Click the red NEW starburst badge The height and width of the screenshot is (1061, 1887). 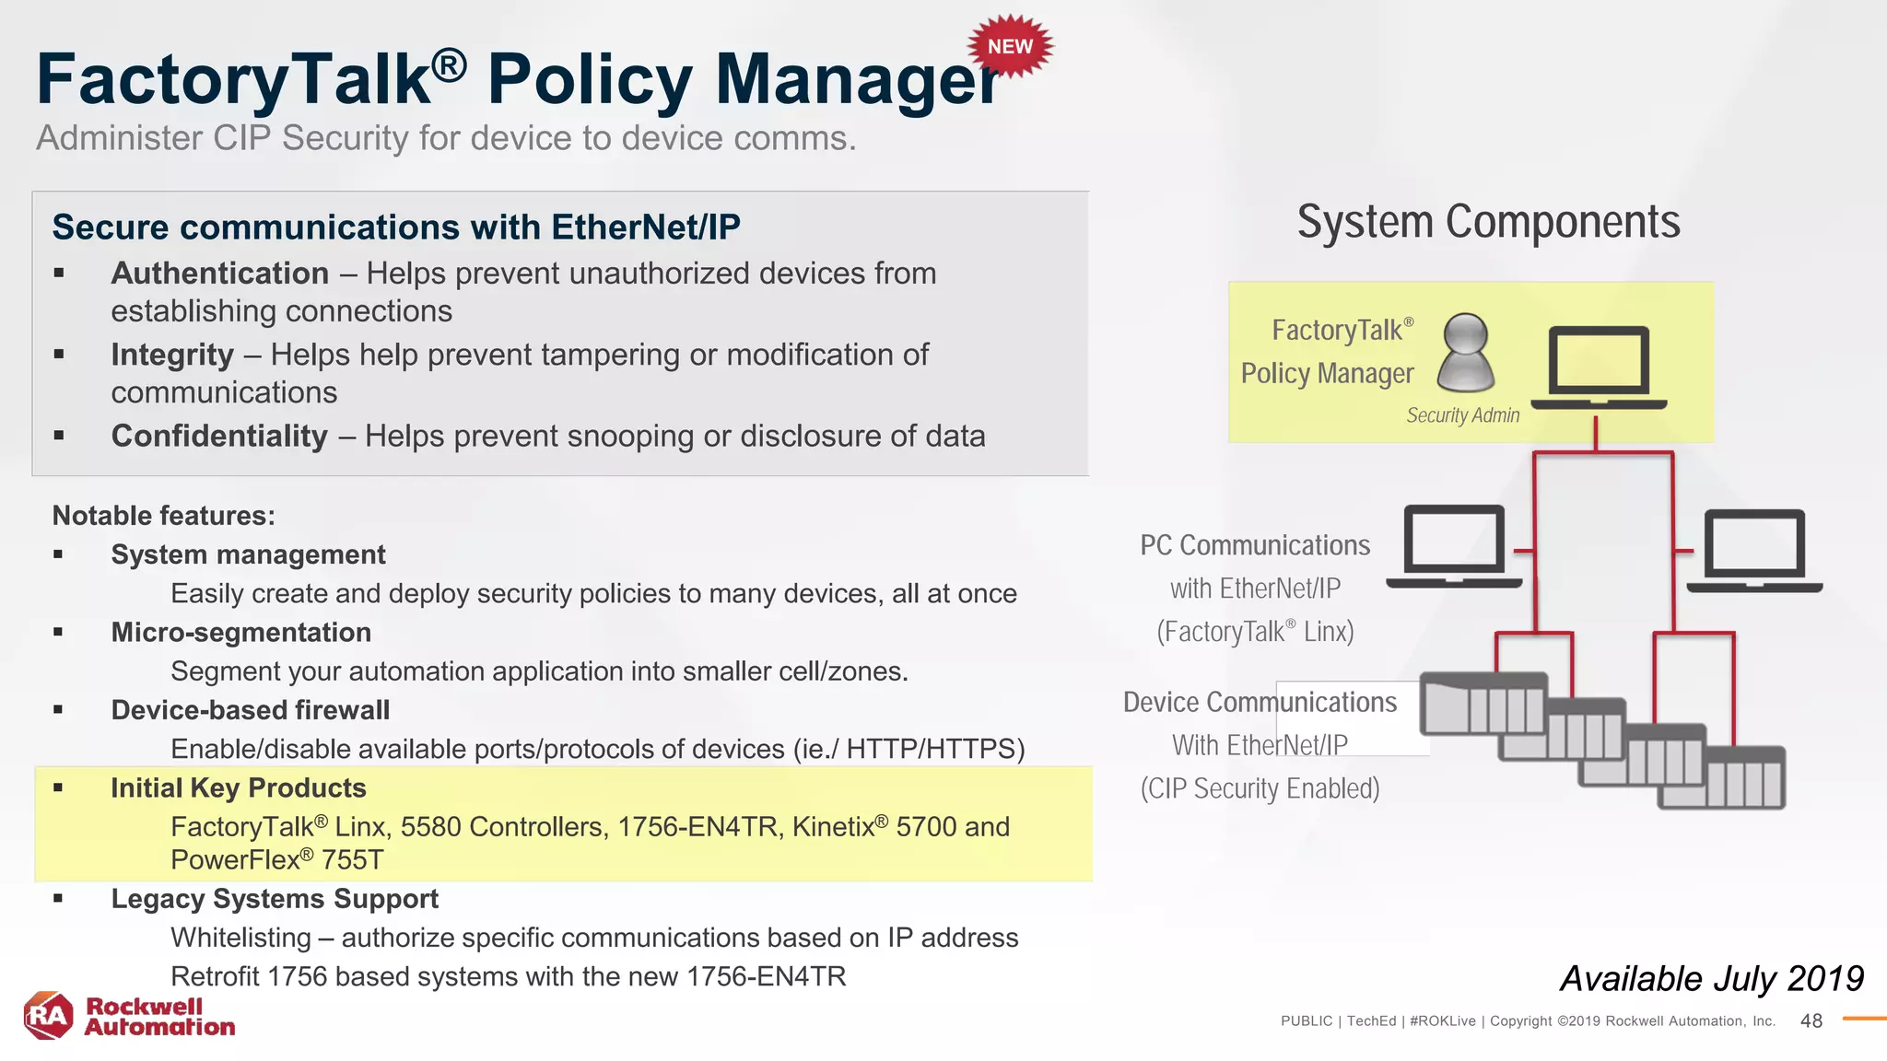tap(1010, 47)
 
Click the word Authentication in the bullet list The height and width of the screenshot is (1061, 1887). tap(219, 274)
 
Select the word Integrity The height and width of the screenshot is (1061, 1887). tap(172, 355)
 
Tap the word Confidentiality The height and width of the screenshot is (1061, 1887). tap(219, 436)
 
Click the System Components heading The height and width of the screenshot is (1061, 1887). tap(1488, 222)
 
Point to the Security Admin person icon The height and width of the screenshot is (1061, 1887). tap(1465, 352)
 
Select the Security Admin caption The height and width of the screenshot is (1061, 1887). tap(1462, 415)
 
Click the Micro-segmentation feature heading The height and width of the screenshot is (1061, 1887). tap(240, 633)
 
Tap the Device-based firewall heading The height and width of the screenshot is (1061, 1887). tap(250, 710)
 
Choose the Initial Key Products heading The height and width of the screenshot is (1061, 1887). tap(238, 788)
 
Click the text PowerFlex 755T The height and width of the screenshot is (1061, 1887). tap(276, 860)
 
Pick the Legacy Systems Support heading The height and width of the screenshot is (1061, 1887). tap(275, 899)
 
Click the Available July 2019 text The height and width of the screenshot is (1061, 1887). tap(1711, 978)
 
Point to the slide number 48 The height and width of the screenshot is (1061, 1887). tap(1811, 1020)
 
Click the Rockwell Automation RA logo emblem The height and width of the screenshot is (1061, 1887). tap(48, 1016)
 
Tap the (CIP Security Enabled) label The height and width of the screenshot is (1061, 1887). tap(1260, 789)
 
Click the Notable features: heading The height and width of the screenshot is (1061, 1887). tap(163, 516)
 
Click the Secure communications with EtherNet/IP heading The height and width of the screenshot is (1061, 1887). tap(396, 227)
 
